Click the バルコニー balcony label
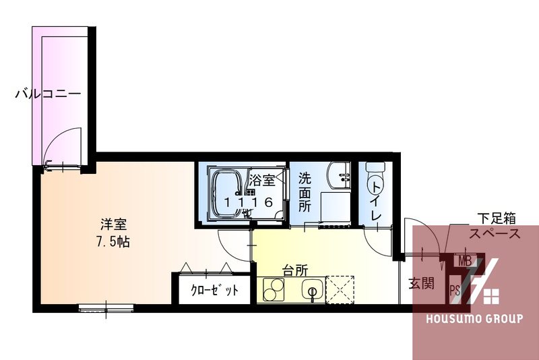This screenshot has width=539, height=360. click(48, 94)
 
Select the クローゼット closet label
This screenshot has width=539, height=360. click(214, 291)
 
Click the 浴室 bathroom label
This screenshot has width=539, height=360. click(261, 180)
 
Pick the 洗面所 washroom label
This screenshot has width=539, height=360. click(305, 192)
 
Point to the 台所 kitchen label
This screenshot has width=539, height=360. click(295, 270)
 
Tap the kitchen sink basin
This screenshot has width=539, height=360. click(311, 291)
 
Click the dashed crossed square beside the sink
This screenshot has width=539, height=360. click(340, 290)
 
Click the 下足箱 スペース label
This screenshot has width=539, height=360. click(496, 227)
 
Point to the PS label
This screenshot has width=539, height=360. click(455, 291)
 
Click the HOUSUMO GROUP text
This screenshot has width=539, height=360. click(474, 318)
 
